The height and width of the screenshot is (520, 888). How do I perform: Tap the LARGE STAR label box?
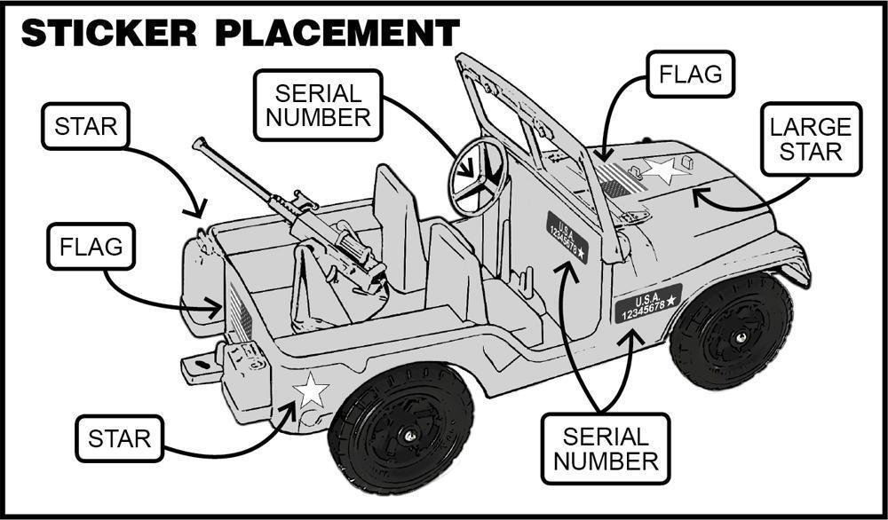tap(811, 139)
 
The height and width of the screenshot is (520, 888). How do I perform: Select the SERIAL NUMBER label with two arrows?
tap(605, 449)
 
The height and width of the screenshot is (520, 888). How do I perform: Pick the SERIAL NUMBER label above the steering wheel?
tap(318, 105)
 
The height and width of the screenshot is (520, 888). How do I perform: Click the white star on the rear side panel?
tap(311, 390)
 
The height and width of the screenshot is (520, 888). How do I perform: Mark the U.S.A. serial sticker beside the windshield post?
tap(567, 237)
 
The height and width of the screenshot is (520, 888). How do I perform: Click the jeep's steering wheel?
tap(478, 175)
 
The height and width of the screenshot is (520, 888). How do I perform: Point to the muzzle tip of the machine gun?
tap(197, 142)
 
